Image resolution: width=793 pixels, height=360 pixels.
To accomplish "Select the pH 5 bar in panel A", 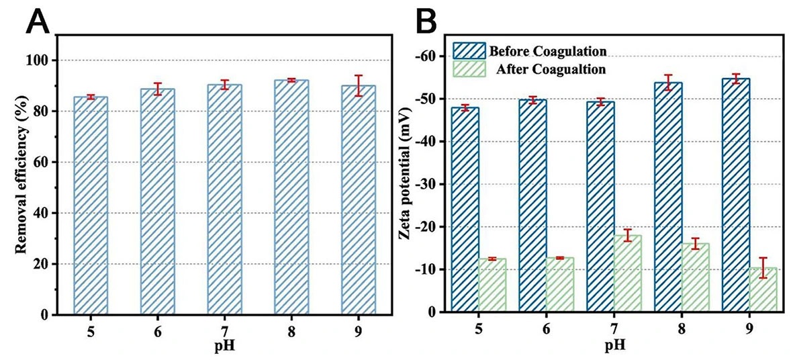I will coord(91,205).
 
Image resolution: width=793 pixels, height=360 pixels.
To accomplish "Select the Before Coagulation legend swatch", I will coord(469,51).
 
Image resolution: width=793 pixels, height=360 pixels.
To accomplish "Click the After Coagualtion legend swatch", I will coord(469,69).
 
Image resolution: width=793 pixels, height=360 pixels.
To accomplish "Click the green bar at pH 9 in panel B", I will coord(763,290).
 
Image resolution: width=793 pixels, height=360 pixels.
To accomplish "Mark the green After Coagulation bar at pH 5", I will coord(492,285).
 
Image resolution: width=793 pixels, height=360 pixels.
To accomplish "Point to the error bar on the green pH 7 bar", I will coord(628,235).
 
